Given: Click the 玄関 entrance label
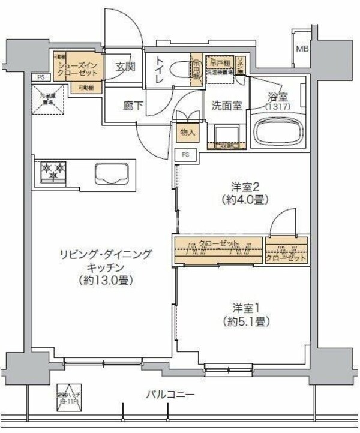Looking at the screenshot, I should pos(125,67).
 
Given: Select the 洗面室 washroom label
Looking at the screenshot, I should pos(226,106).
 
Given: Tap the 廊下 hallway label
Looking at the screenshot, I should pos(131,106).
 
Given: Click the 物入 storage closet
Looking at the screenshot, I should pos(187,132).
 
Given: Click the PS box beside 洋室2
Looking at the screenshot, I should pos(185,154).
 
